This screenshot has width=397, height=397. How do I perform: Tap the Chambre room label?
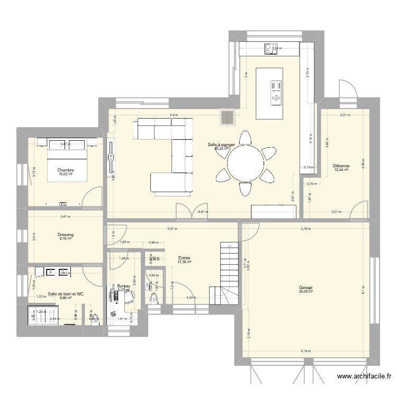click(66, 170)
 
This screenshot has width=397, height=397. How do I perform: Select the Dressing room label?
click(66, 234)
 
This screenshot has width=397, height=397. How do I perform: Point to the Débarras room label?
click(341, 166)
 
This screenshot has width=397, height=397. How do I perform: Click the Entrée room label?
click(184, 257)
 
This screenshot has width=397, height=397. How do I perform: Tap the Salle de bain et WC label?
click(66, 293)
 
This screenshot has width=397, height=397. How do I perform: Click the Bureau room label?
click(123, 285)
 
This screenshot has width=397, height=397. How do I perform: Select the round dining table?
click(246, 163)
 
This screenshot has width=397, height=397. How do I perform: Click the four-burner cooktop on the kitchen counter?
click(271, 48)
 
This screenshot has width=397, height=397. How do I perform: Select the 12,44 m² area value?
click(341, 170)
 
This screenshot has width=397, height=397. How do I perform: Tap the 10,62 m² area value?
click(66, 174)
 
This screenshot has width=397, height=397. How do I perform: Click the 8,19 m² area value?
click(66, 239)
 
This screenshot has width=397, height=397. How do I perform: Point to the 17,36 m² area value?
click(184, 261)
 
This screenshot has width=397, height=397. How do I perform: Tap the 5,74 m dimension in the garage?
click(305, 351)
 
